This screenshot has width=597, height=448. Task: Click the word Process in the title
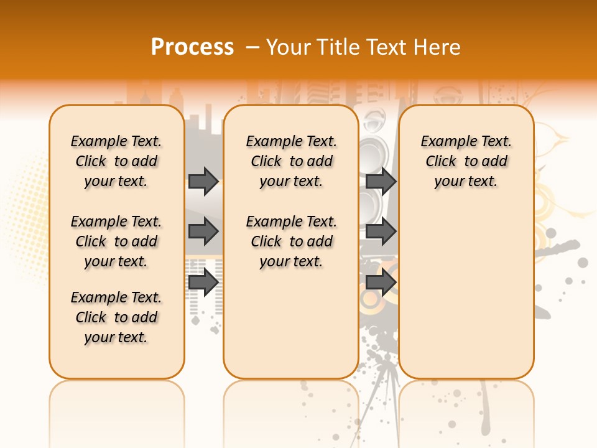click(x=192, y=47)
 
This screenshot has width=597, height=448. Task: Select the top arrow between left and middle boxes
click(x=203, y=181)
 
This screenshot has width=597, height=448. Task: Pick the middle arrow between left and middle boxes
click(x=203, y=231)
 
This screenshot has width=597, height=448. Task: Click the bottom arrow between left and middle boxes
click(x=203, y=282)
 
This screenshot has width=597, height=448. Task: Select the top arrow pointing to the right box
click(x=381, y=181)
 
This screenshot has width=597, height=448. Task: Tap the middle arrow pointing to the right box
click(x=381, y=231)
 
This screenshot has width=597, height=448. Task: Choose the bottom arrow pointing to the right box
click(x=381, y=282)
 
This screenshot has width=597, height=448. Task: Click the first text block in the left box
click(x=116, y=161)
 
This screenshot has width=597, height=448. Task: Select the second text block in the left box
click(x=116, y=241)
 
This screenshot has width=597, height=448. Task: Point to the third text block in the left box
click(x=116, y=317)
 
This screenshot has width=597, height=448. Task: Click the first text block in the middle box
click(x=291, y=161)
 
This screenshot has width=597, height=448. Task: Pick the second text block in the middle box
click(x=291, y=241)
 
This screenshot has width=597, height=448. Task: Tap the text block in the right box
click(x=466, y=161)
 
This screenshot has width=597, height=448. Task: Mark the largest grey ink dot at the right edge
click(x=583, y=263)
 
